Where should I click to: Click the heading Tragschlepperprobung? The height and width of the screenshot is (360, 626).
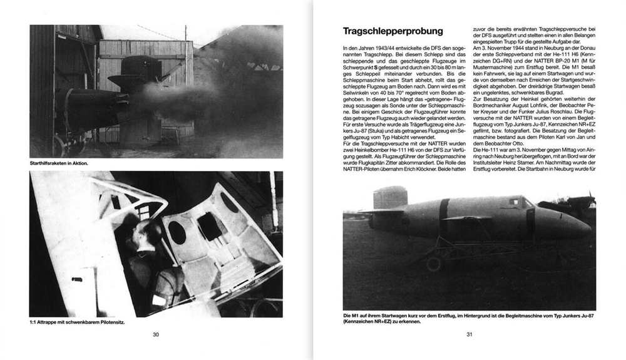point(393,31)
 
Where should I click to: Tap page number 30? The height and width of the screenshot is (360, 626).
point(156,334)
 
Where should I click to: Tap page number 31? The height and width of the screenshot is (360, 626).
point(469,334)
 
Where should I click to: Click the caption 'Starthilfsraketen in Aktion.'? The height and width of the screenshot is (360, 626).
point(59,163)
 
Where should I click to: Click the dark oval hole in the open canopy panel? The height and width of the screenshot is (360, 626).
point(177,232)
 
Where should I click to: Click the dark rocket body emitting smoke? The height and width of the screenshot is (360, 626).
point(94,100)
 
